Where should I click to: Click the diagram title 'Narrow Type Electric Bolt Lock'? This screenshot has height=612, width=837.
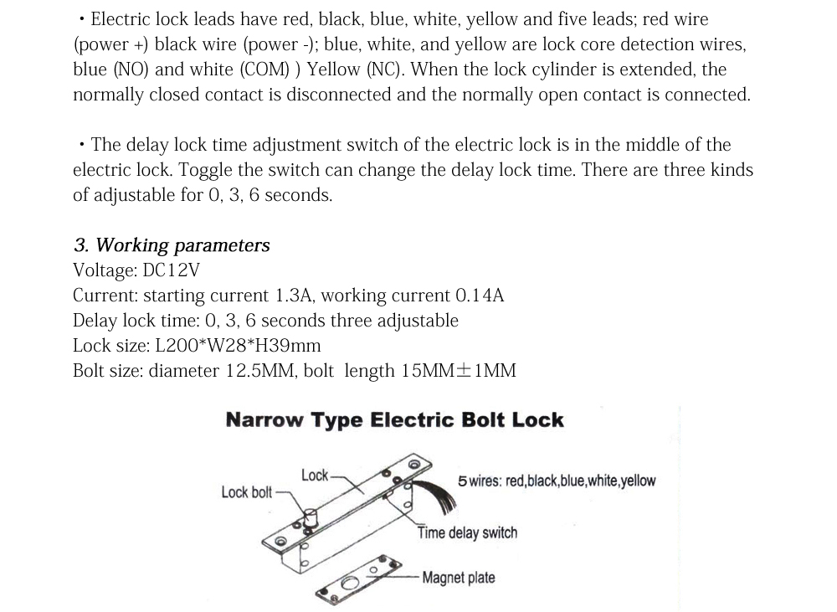tap(394, 420)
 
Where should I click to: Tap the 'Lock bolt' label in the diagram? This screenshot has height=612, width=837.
tap(246, 492)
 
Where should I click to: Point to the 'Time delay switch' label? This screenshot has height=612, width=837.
tap(467, 533)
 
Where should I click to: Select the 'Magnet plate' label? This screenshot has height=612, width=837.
tap(458, 578)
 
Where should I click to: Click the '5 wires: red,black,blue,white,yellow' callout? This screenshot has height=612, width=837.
tap(557, 481)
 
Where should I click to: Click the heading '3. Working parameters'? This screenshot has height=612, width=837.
tap(172, 245)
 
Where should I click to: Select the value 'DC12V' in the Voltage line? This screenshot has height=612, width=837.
tap(172, 270)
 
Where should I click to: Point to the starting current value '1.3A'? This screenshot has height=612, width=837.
tap(294, 296)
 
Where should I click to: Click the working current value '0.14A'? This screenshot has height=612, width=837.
tap(480, 296)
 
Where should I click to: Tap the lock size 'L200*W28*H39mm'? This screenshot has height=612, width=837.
tap(238, 346)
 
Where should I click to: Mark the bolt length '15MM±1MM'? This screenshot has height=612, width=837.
tap(459, 371)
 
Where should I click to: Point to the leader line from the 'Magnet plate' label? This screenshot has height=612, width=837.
tap(406, 578)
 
